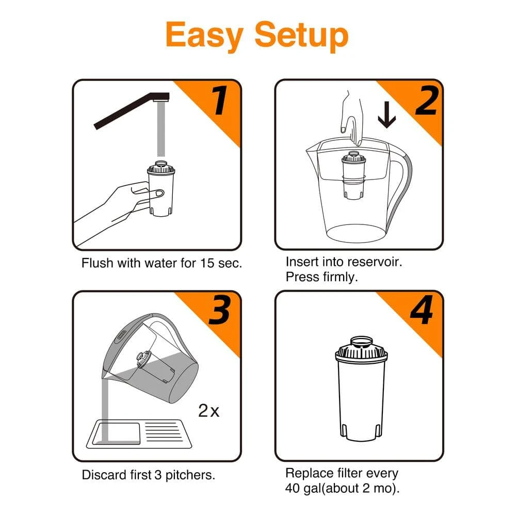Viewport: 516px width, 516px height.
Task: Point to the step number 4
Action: click(x=423, y=312)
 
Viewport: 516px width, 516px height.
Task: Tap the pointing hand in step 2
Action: click(x=352, y=116)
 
